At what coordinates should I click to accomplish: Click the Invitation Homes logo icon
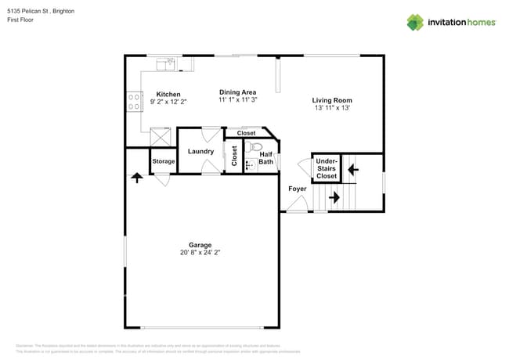point(415,22)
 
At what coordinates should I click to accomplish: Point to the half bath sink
point(251,165)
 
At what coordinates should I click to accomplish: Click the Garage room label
point(200,244)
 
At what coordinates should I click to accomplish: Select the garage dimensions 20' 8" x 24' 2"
point(200,253)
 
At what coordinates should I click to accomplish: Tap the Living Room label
point(332,100)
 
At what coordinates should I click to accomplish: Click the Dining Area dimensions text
point(237,100)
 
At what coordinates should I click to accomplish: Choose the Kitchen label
point(168,94)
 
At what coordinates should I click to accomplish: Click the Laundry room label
point(200,151)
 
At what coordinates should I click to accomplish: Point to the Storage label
point(164,161)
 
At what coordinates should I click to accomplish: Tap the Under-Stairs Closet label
point(327,168)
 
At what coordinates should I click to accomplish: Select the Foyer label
point(297,189)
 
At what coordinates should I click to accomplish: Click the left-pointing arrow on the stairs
point(352,167)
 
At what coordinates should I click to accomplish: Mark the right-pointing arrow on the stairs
point(334,198)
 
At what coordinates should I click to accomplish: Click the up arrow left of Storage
point(138,178)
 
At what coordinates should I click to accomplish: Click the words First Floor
point(20,20)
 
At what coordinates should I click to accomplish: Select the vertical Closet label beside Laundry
point(234,155)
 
